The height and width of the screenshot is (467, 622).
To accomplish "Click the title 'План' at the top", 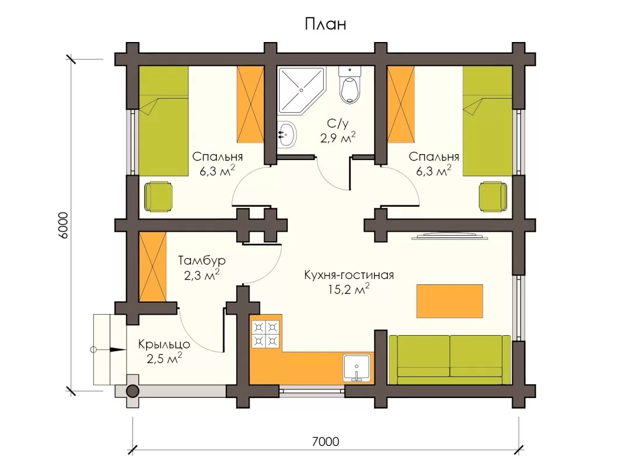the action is [325, 24].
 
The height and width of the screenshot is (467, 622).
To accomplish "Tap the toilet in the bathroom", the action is [350, 85].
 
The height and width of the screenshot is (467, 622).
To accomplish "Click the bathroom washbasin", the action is [286, 134].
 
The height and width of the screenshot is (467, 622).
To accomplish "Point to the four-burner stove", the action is [265, 334].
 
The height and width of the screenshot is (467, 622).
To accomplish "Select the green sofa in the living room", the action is [450, 360].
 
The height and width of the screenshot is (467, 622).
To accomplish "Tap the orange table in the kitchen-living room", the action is [449, 301].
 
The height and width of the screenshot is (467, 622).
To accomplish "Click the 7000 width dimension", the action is [325, 441].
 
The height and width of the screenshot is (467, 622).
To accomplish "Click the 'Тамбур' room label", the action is [202, 261].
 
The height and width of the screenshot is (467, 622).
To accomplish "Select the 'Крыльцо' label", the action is [164, 344].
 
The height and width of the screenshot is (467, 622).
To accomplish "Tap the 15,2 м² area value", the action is [349, 289].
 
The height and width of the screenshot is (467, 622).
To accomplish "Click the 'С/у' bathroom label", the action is [338, 124].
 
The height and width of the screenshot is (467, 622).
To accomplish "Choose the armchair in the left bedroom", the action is [158, 197].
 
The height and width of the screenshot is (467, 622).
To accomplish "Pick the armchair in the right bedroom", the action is [492, 197].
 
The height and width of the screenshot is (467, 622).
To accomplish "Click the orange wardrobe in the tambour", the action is [153, 267].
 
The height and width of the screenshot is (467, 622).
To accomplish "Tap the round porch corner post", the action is [132, 392].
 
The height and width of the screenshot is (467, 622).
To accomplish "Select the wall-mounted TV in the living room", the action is [450, 236].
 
